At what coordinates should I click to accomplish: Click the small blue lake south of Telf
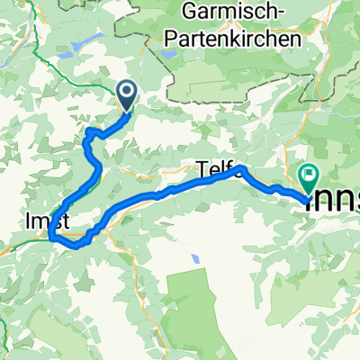tap(195, 259)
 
